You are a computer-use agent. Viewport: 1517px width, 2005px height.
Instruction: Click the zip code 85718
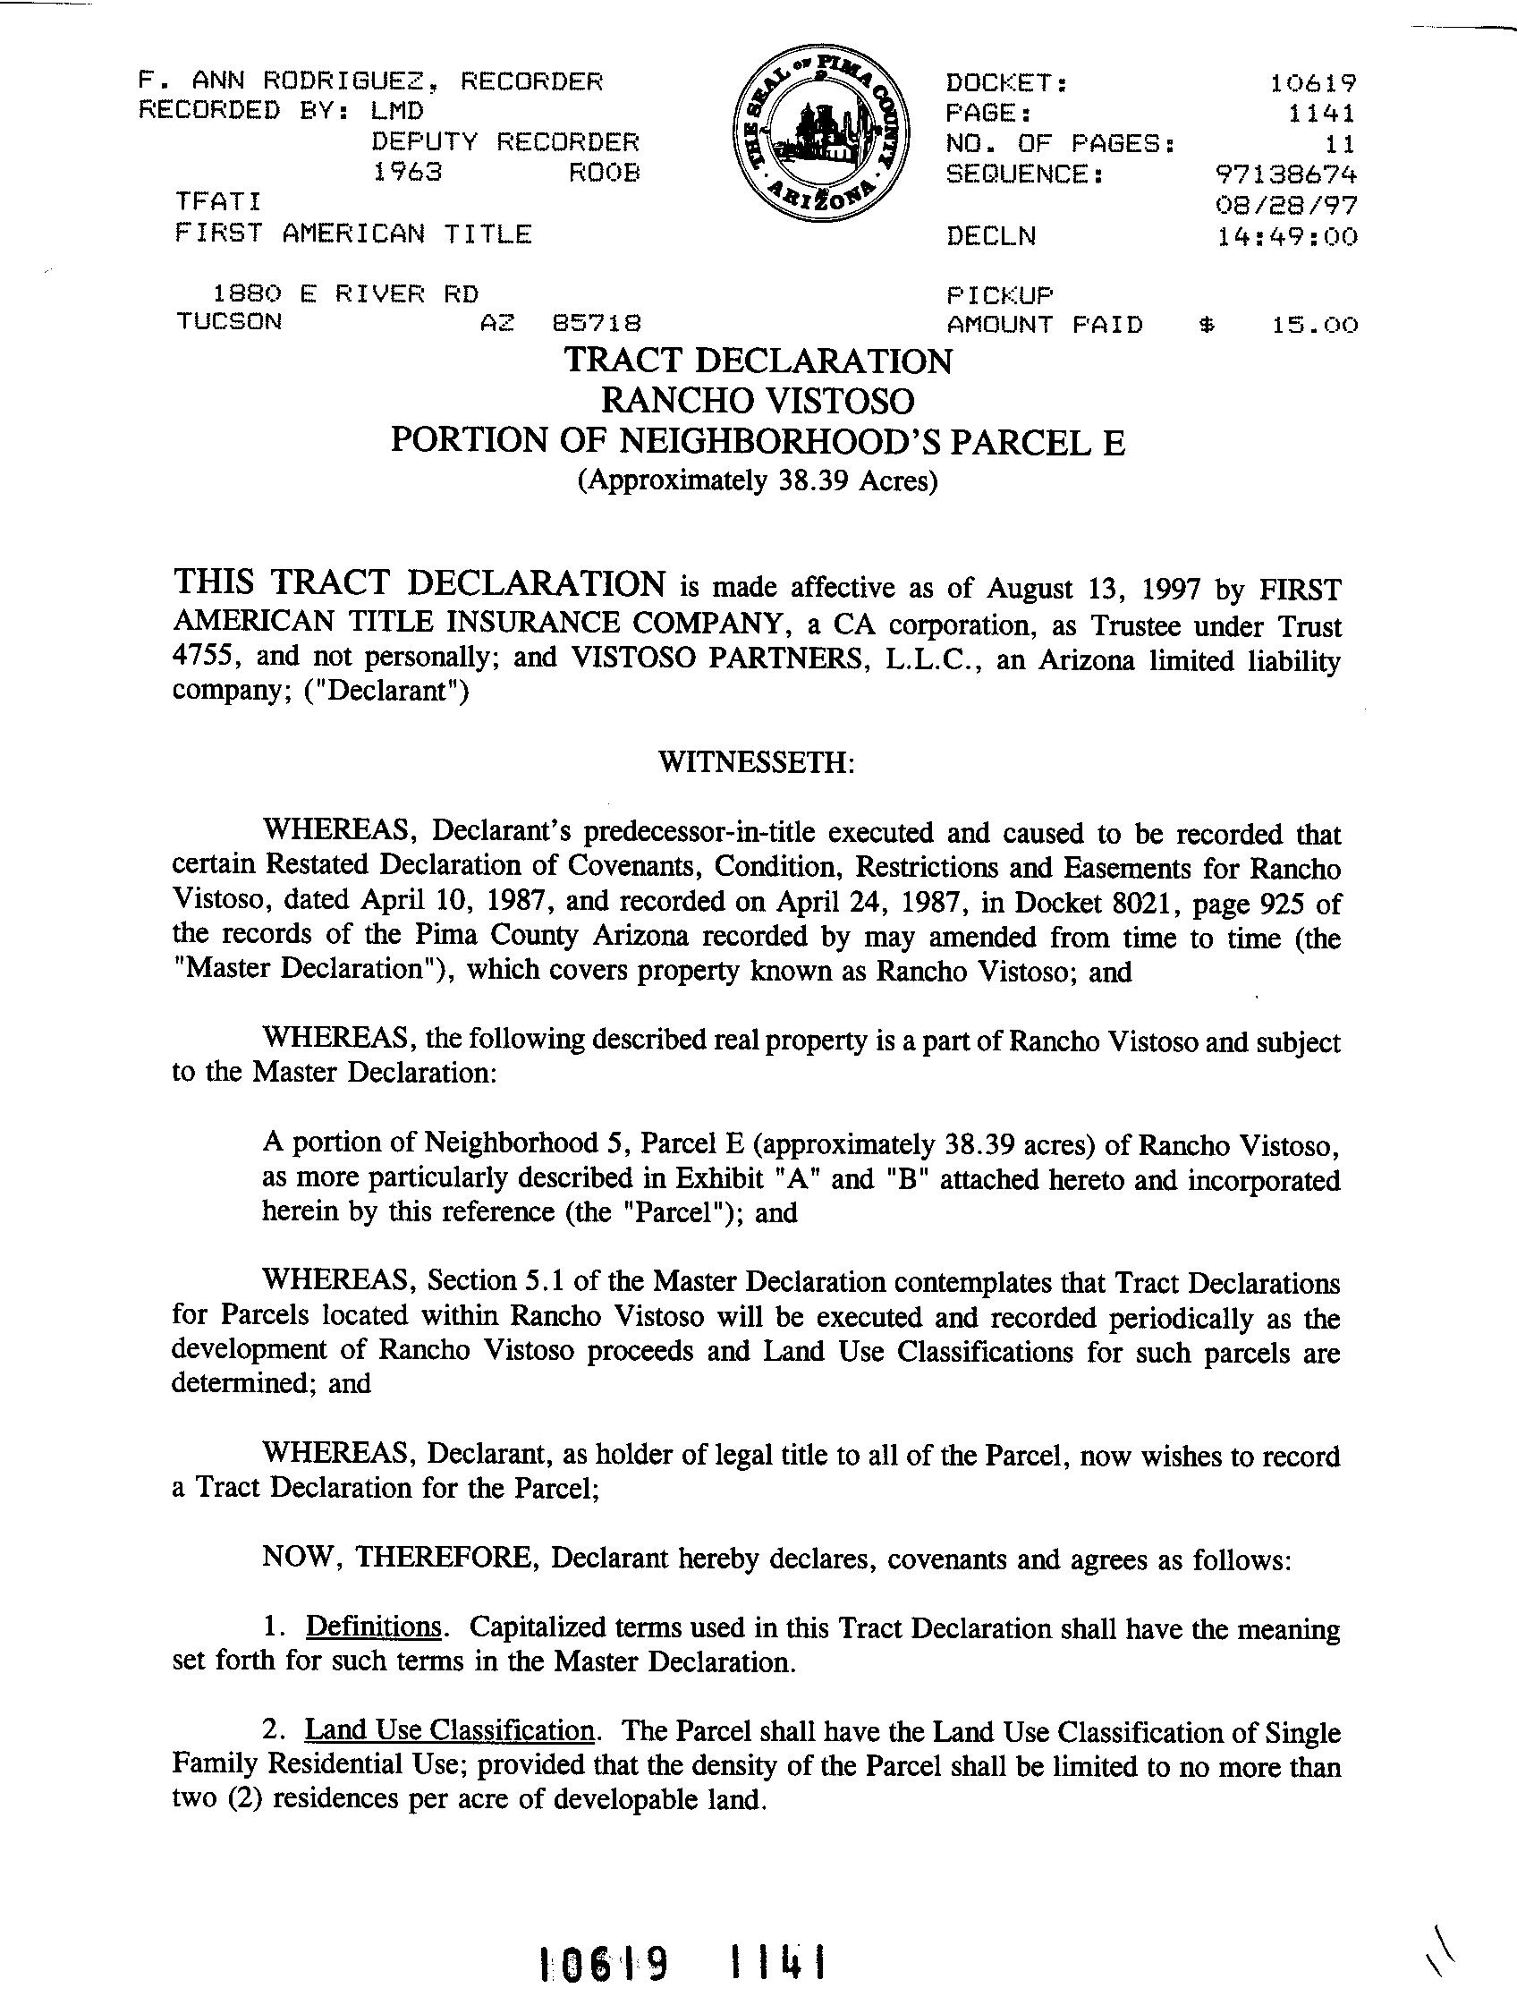click(x=597, y=324)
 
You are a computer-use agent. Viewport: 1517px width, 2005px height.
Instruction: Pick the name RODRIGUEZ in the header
click(x=343, y=81)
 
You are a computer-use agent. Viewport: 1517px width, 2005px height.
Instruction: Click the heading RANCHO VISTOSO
click(x=758, y=400)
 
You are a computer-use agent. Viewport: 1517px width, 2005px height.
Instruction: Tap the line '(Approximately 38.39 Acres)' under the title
click(x=758, y=480)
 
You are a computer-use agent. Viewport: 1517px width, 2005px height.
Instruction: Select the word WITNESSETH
click(x=757, y=761)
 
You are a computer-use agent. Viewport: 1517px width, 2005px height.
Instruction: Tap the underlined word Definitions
click(x=373, y=1627)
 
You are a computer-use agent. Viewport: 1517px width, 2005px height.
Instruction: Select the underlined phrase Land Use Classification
click(x=451, y=1730)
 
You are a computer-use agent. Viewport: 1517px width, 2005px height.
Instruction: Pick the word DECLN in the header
click(x=990, y=236)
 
